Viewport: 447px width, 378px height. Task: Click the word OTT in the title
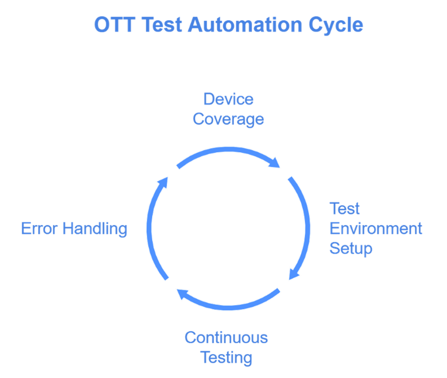[115, 24]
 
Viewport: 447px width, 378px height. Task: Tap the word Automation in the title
[245, 24]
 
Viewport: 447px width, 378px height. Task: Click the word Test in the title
[162, 24]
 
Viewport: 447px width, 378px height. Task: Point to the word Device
[228, 99]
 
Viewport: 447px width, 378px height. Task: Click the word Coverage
[228, 119]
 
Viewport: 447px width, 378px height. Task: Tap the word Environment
[376, 229]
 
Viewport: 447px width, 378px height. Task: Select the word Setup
[351, 249]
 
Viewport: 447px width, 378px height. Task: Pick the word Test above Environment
[344, 208]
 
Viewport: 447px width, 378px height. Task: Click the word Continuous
[227, 337]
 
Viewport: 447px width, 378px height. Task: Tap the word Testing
[227, 358]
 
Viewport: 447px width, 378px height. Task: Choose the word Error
[40, 229]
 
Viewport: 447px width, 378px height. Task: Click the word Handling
[95, 229]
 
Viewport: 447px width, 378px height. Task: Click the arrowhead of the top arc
[275, 163]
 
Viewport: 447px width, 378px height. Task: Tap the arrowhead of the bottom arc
[182, 294]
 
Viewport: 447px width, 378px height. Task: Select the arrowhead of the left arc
[163, 182]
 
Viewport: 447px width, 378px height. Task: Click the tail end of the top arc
[178, 167]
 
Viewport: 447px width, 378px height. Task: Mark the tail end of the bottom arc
[279, 290]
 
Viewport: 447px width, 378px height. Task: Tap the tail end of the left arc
[167, 278]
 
